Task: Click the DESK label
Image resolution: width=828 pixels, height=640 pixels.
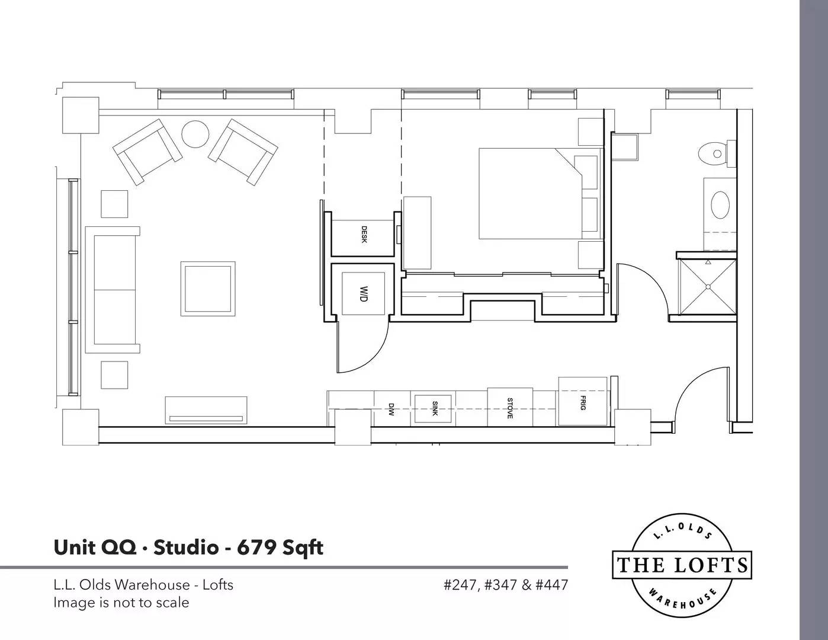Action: [364, 235]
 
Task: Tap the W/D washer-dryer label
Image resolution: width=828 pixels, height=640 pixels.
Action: [364, 293]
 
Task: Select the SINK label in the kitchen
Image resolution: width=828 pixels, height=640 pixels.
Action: [435, 408]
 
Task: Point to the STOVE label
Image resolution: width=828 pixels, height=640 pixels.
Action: [510, 408]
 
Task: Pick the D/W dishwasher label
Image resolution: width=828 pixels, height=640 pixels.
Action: [391, 409]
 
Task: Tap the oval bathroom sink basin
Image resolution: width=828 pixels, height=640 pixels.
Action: [720, 204]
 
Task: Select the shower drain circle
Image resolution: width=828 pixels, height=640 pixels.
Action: [708, 287]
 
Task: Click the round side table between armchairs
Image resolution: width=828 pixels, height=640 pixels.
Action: [195, 134]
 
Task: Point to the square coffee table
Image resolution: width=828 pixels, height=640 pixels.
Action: [208, 289]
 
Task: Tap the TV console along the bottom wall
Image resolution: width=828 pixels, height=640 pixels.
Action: [206, 410]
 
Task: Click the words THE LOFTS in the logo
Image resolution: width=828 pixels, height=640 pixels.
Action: [682, 565]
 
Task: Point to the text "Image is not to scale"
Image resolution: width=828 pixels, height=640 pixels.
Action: [121, 603]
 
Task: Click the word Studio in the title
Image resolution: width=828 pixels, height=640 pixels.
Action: [186, 548]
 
